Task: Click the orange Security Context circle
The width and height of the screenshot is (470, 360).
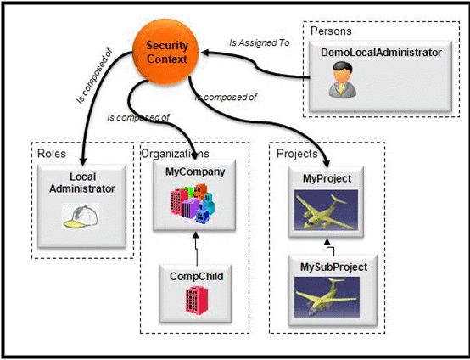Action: [x=165, y=52]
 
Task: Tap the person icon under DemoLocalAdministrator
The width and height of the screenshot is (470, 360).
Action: [x=342, y=80]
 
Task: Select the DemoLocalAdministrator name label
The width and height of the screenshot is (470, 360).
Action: [x=381, y=53]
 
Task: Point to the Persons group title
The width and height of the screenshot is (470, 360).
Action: [x=331, y=31]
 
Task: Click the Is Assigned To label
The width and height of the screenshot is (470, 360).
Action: [x=260, y=42]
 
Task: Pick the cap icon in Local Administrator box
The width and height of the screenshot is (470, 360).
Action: [x=81, y=217]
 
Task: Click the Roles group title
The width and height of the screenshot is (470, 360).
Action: [x=51, y=154]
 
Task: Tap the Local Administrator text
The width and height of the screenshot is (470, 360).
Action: [x=82, y=183]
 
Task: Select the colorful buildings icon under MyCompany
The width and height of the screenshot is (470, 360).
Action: [x=193, y=204]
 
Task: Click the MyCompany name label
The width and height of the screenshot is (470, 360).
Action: [x=195, y=172]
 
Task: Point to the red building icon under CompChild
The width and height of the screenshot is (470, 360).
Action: [x=196, y=301]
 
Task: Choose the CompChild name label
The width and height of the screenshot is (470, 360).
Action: [x=196, y=276]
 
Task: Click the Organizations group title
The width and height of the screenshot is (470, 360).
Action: [x=175, y=154]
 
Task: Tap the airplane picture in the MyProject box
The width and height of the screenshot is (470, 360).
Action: [x=326, y=210]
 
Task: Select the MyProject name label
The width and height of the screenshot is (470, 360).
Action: [x=327, y=178]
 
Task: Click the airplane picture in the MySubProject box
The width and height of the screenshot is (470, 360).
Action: [x=327, y=297]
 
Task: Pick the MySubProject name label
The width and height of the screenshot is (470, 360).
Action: [x=334, y=267]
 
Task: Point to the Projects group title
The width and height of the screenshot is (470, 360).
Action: [x=297, y=154]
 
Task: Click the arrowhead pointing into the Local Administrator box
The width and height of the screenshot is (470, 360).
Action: [x=83, y=161]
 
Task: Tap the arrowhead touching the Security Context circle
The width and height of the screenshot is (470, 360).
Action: [x=205, y=53]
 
